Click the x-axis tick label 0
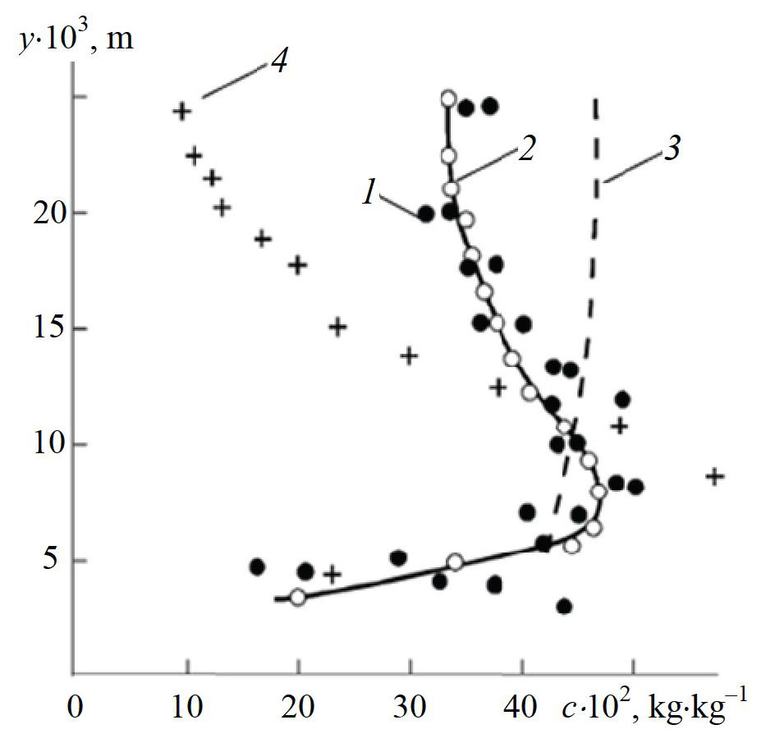76,705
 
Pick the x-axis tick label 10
187,705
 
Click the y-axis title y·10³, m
76,39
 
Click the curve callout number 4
278,62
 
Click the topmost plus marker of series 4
182,111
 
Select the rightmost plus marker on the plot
716,475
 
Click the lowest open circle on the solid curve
298,598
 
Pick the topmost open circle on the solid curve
448,99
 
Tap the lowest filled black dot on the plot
563,607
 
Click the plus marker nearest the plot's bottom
332,574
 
